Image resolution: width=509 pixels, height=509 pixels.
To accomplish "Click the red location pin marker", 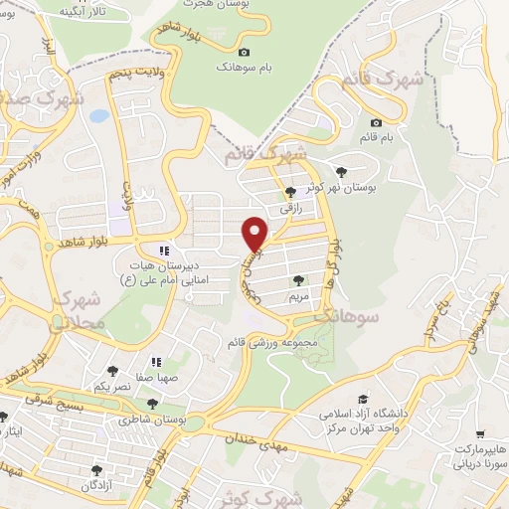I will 256,233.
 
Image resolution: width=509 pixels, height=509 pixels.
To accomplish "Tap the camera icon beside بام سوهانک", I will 245,52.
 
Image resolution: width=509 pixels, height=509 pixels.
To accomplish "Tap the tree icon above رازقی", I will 289,193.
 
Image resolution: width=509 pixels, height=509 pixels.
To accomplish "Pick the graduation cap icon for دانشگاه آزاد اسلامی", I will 363,398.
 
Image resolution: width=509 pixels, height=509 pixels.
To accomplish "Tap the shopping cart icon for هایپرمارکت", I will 481,434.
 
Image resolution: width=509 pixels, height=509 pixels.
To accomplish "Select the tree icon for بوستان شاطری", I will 151,404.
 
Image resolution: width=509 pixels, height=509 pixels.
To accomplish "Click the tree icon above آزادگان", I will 96,469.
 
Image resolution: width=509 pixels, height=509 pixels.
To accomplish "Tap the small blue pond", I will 98,116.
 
